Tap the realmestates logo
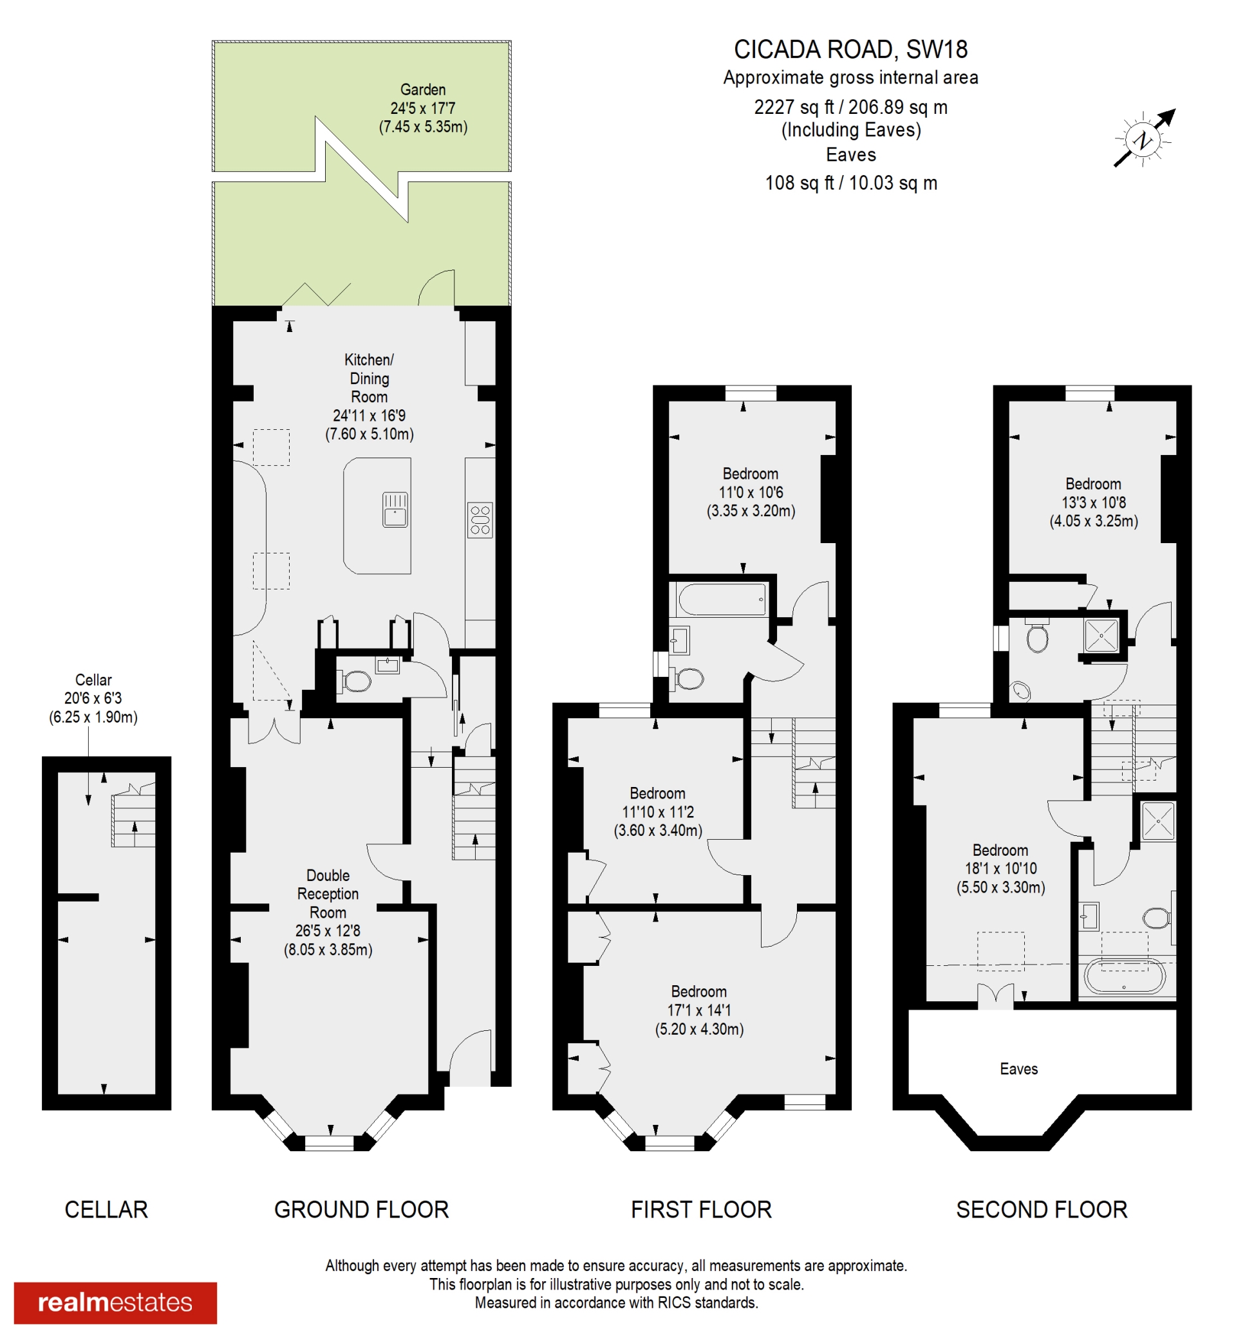[x=115, y=1302]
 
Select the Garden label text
[x=423, y=89]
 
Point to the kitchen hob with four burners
[x=480, y=519]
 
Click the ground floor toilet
[x=357, y=681]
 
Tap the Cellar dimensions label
[x=93, y=698]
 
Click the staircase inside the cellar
[x=134, y=816]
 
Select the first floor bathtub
[x=721, y=599]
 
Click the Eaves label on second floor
[x=1018, y=1068]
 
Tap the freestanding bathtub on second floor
[x=1125, y=977]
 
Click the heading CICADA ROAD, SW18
[x=850, y=50]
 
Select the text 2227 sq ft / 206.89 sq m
[x=850, y=107]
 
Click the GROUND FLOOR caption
[x=361, y=1209]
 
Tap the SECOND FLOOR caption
[x=1041, y=1209]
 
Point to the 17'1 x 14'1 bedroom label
[x=699, y=1010]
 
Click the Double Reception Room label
[x=328, y=893]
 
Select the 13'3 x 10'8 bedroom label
[x=1093, y=502]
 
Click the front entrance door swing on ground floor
[x=469, y=1054]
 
